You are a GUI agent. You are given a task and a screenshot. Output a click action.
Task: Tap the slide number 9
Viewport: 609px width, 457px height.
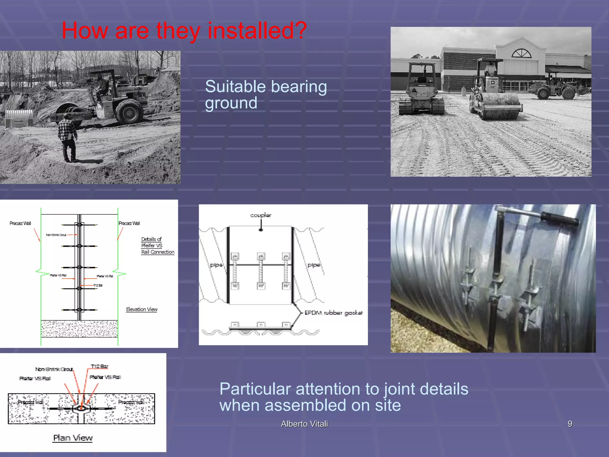click(570, 424)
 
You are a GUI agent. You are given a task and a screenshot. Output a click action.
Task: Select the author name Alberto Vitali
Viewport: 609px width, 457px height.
click(304, 424)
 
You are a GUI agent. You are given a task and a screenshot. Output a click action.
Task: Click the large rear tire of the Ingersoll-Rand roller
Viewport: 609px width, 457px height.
click(129, 112)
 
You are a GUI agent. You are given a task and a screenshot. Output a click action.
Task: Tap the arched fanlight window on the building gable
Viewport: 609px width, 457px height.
click(521, 54)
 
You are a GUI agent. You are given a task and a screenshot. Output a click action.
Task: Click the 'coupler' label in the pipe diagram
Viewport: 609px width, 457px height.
click(260, 215)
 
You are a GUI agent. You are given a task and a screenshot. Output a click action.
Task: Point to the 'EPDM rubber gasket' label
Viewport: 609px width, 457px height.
click(333, 313)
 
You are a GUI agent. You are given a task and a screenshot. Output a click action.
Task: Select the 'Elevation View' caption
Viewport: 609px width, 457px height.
click(142, 309)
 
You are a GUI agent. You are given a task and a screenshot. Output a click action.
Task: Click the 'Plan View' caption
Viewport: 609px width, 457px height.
click(73, 438)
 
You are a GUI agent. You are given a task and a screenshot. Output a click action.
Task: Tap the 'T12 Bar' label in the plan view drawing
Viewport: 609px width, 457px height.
click(99, 366)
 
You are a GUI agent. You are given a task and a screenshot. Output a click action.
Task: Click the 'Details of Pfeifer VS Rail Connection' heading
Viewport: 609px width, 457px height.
click(157, 245)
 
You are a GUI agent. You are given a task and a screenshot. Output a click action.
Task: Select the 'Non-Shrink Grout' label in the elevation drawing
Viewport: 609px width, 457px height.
click(56, 235)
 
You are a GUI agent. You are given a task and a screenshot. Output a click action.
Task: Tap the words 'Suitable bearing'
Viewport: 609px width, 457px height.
click(266, 87)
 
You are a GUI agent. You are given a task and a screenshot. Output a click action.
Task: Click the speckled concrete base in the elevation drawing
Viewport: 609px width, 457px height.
click(79, 329)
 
